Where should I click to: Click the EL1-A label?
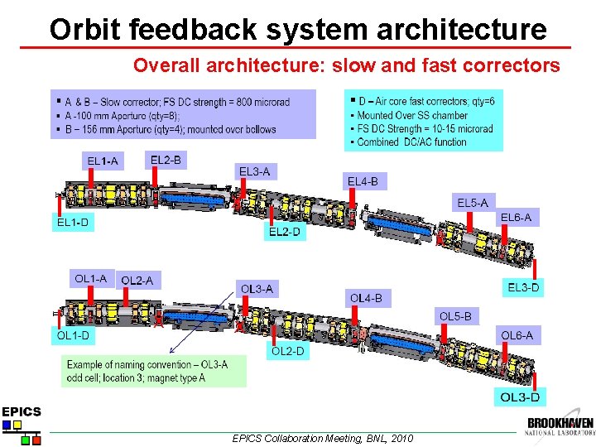coord(103,161)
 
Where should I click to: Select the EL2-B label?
coord(166,159)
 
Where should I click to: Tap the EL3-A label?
coord(254,171)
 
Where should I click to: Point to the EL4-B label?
coord(363,180)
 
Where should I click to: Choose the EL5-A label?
coord(473,202)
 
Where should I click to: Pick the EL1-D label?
coord(73,222)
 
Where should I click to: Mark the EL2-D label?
coord(284,232)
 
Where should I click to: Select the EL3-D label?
coord(523,287)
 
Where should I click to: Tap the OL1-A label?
coord(90,278)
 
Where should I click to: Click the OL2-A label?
coord(137,281)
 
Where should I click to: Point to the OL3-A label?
coord(257,289)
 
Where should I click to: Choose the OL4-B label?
coord(366,297)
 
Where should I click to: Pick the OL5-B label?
coord(455,315)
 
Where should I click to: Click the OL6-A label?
coord(517,335)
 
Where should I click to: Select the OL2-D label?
coord(288,352)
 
